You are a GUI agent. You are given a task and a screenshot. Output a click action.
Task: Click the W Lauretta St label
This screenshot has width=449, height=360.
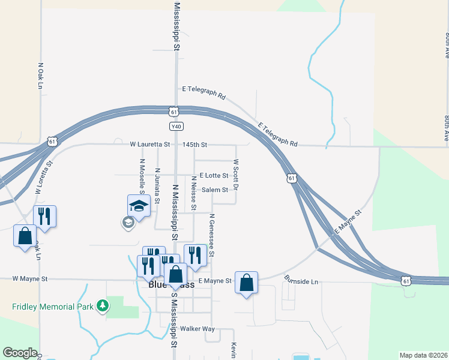[x=150, y=145]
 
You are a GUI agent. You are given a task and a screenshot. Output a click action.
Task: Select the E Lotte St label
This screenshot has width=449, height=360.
[x=210, y=176]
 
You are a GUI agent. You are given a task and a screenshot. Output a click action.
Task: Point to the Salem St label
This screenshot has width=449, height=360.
[x=215, y=190]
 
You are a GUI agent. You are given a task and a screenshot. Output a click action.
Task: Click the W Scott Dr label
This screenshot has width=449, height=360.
[x=236, y=175]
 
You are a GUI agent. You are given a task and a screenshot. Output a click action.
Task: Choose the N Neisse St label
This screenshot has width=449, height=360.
[x=193, y=193]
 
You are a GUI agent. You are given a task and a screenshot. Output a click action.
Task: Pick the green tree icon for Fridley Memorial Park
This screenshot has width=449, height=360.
[x=103, y=306]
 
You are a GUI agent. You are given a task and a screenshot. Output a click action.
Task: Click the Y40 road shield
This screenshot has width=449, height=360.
[x=176, y=127]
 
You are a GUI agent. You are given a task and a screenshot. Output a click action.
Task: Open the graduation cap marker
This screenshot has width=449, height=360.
[x=139, y=206]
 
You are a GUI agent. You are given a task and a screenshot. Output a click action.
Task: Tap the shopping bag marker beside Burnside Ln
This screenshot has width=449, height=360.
[x=247, y=283]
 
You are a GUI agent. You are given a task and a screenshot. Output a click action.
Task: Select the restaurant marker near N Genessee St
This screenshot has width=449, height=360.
[x=195, y=254]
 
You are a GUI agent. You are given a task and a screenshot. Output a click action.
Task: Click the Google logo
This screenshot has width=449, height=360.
[x=20, y=353]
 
